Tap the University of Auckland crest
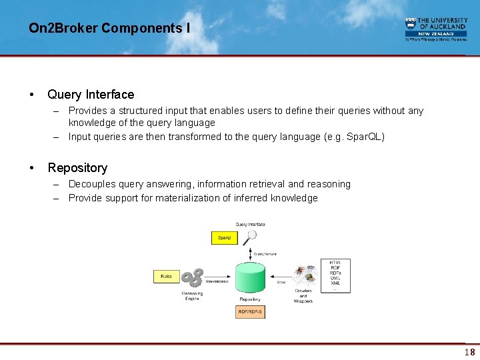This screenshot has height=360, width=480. (x=411, y=23)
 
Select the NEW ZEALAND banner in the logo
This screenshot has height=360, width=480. (x=436, y=33)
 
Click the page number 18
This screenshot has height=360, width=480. (x=469, y=352)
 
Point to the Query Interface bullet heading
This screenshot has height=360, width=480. (x=91, y=95)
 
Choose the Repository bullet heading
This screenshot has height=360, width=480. (x=77, y=168)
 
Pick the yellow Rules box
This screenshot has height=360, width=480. (x=166, y=276)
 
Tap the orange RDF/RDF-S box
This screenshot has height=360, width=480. (x=251, y=312)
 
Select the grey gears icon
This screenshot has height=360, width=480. (x=193, y=279)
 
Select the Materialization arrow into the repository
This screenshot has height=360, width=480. (x=218, y=277)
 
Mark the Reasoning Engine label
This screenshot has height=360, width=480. (x=192, y=296)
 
